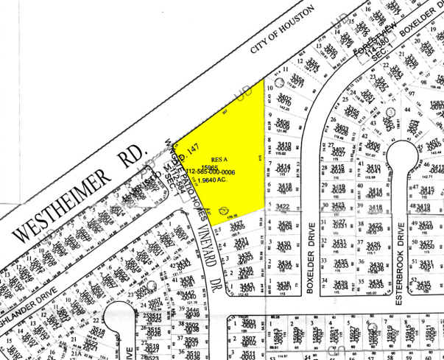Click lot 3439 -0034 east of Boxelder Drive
coord(340,284)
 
